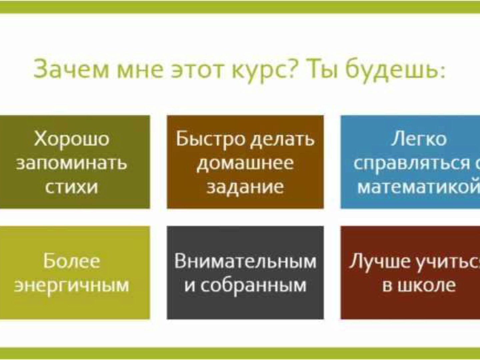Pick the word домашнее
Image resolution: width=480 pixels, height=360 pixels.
tap(245, 163)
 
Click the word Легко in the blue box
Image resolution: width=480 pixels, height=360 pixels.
tap(419, 139)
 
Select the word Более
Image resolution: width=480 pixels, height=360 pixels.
tap(72, 261)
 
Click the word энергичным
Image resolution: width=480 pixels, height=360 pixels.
tap(72, 285)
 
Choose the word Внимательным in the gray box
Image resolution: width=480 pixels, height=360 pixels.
tap(245, 261)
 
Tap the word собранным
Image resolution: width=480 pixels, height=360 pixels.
tap(254, 285)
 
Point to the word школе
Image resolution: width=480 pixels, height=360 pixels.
tap(427, 285)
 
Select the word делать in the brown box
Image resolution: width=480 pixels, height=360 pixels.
tap(282, 140)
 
